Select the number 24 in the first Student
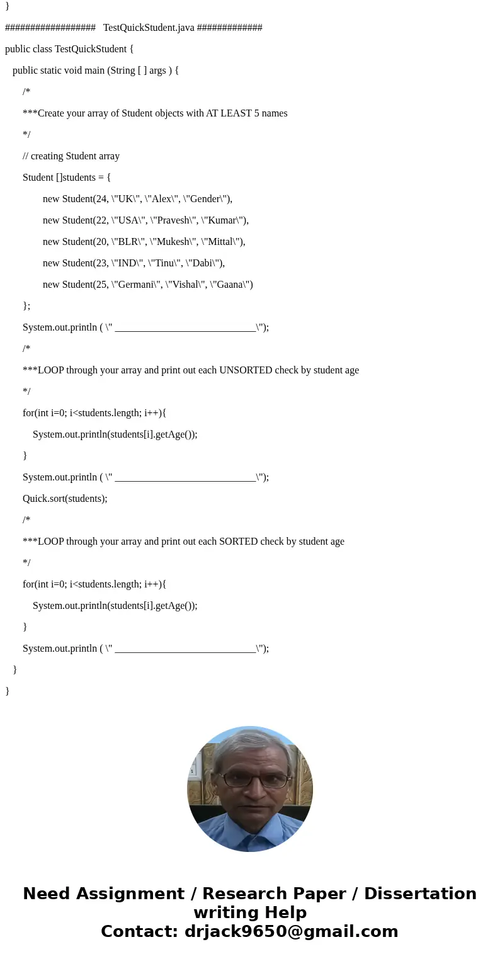coord(100,199)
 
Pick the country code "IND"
coord(128,263)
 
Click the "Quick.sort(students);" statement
coord(65,499)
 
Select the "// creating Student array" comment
coord(71,156)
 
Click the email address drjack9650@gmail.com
coord(291,931)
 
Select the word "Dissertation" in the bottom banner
coord(420,894)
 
